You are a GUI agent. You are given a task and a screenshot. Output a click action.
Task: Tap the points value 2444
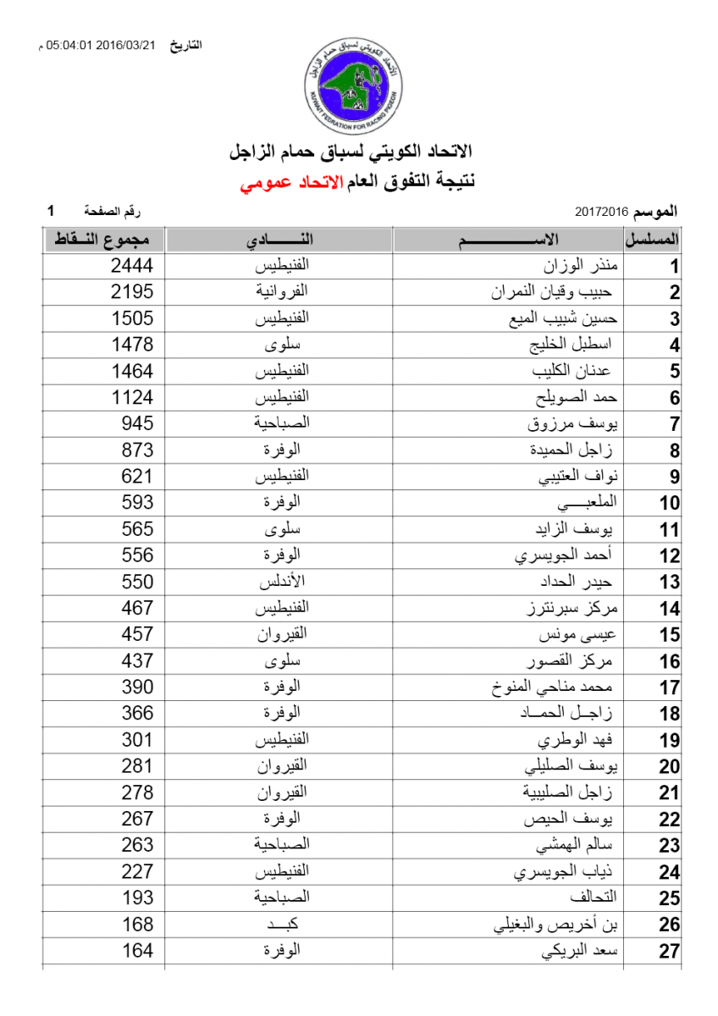coord(132,267)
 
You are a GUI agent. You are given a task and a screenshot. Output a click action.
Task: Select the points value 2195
coord(132,293)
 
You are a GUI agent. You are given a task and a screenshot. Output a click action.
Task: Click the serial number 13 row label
coord(670,583)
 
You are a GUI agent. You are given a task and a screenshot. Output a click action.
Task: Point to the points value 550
coord(137,582)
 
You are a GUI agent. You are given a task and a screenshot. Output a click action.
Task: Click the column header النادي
coord(279,240)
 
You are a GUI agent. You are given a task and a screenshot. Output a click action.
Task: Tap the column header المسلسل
coord(653,240)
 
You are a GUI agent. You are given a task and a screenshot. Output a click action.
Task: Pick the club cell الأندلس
coord(280,582)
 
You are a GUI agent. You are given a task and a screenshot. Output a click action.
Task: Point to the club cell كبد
coord(280,923)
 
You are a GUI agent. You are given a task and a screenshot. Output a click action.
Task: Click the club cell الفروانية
coord(280,293)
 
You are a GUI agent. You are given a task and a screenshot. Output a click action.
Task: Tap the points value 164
coord(137,950)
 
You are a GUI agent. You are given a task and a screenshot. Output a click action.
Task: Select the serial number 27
coord(670,951)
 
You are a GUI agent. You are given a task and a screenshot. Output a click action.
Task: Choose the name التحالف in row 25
coord(599,897)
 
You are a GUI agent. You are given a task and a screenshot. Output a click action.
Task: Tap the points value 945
coord(137,424)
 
